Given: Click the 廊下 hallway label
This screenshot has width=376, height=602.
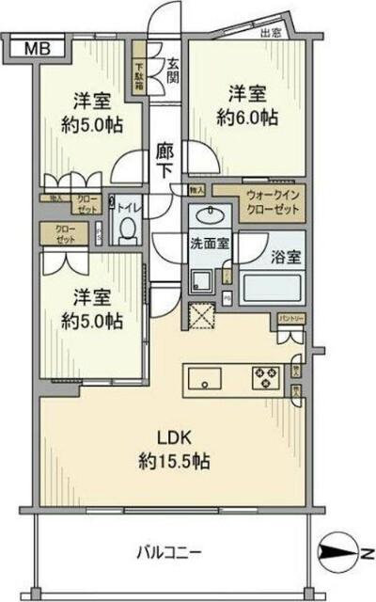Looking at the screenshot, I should pyautogui.click(x=165, y=159).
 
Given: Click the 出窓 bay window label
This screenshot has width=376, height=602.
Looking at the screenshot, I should pyautogui.click(x=272, y=35).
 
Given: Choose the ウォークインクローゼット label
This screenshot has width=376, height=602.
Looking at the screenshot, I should pyautogui.click(x=271, y=203).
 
